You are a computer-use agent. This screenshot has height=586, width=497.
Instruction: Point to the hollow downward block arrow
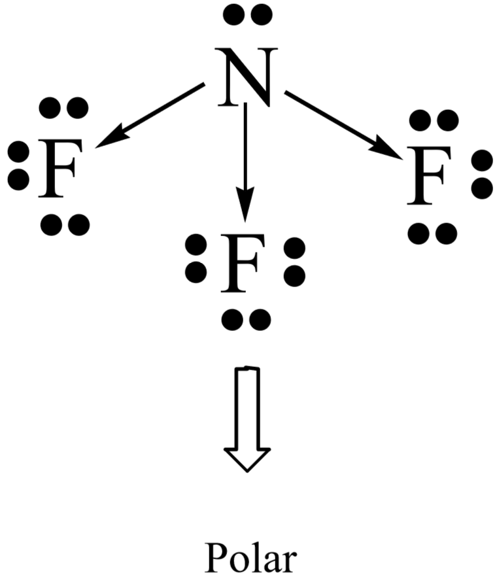pyautogui.click(x=247, y=419)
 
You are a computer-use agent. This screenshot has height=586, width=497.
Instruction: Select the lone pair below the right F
pyautogui.click(x=432, y=232)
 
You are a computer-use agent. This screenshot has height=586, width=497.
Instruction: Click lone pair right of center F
pyautogui.click(x=295, y=262)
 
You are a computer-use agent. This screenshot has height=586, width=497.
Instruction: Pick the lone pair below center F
pyautogui.click(x=246, y=319)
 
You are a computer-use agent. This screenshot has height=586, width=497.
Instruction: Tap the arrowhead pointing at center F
pyautogui.click(x=245, y=209)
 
